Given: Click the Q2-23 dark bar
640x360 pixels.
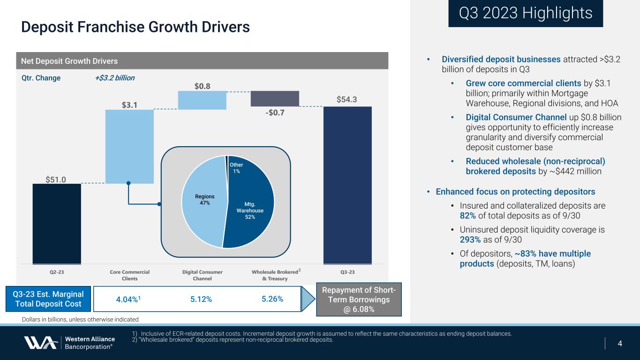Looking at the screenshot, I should pyautogui.click(x=57, y=224).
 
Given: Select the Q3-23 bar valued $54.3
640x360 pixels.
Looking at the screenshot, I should pyautogui.click(x=347, y=185).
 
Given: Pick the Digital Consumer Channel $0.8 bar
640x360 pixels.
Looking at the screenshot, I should pyautogui.click(x=202, y=100).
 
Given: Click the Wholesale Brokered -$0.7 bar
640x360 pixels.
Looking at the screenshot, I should pyautogui.click(x=275, y=98).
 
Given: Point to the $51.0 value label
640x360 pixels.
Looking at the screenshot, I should pyautogui.click(x=56, y=179).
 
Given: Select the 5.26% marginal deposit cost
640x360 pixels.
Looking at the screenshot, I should pyautogui.click(x=272, y=299).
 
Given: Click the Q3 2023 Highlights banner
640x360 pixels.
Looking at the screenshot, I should pyautogui.click(x=525, y=13).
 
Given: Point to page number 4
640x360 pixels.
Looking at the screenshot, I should pyautogui.click(x=620, y=344).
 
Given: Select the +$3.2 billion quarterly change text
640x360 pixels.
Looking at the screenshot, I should pyautogui.click(x=114, y=78).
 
